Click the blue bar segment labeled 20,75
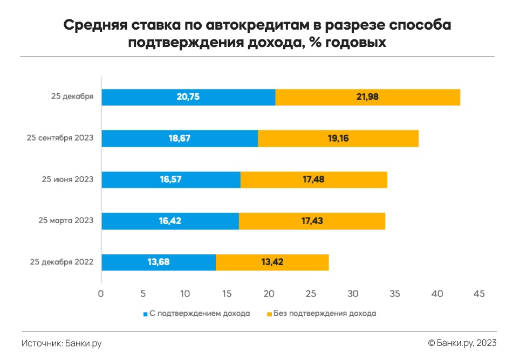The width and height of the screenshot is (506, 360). point(188,97)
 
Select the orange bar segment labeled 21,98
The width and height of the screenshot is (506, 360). point(367,97)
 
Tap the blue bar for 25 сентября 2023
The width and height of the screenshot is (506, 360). point(180,139)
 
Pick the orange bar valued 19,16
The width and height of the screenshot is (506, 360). point(338,139)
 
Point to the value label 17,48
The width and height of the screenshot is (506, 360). point(313,179)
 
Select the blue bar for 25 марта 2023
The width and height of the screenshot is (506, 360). point(170,221)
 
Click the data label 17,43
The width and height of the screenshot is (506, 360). point(312,221)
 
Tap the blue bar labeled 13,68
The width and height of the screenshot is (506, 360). point(159,262)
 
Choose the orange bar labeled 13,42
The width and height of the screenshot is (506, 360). point(272,262)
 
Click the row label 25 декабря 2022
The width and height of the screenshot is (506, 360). point(62,262)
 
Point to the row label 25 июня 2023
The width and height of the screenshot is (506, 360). point(68,179)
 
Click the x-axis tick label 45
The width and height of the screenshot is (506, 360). point(478,294)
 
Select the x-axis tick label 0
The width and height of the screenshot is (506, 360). point(101,294)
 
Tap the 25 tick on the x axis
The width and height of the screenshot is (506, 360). point(311,294)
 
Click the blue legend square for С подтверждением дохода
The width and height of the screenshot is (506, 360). point(145,313)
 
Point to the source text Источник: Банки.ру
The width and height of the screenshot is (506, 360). point(62,343)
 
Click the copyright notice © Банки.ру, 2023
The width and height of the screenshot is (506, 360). point(462,343)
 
